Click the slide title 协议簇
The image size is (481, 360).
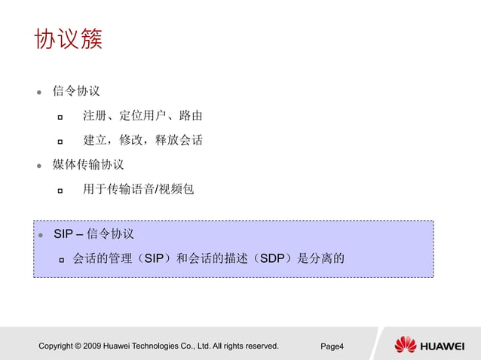tap(68, 39)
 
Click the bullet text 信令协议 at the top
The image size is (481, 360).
tap(76, 91)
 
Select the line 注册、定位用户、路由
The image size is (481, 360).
tap(142, 116)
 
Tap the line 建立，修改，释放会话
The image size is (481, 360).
tap(142, 140)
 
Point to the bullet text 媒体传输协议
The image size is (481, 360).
tap(88, 164)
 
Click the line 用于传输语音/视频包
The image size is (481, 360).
tap(138, 189)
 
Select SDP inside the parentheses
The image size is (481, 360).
tap(271, 259)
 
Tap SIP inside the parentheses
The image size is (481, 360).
tap(154, 259)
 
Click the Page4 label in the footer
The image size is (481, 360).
tap(332, 346)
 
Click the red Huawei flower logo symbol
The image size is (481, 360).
tap(405, 345)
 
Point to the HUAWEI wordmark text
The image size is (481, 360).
tap(442, 346)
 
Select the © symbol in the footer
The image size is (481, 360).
tap(78, 346)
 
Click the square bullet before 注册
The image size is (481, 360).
tap(60, 117)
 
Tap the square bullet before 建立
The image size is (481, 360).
tap(60, 141)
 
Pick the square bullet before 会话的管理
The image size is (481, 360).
tap(63, 260)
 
